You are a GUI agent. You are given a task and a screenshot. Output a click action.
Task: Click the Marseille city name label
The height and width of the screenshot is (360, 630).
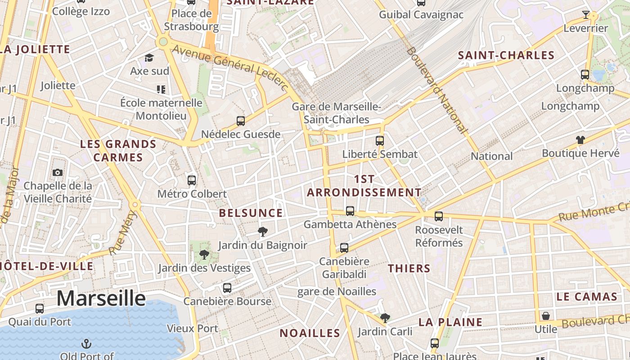[101, 298]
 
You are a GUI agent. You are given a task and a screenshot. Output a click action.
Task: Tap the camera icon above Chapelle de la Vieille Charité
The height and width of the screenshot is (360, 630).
[58, 172]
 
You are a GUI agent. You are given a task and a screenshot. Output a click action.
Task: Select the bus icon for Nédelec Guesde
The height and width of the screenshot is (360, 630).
[241, 121]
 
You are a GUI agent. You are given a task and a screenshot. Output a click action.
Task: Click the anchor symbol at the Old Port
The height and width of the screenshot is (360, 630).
[86, 344]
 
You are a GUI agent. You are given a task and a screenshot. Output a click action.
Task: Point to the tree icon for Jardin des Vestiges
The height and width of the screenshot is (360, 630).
[204, 255]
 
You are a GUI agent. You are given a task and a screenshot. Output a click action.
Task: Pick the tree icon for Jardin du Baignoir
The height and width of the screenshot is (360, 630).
[262, 232]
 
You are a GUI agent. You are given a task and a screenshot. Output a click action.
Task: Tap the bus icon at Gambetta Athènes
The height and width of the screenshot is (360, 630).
[350, 211]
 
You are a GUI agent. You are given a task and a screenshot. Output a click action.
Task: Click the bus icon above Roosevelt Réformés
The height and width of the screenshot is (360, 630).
[439, 216]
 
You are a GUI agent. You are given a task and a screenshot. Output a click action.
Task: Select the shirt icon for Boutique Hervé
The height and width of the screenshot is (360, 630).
[580, 140]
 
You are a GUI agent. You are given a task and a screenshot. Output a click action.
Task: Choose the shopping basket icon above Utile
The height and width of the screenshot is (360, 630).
[545, 316]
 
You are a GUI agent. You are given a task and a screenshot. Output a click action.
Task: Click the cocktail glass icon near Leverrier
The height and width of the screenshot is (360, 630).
[585, 15]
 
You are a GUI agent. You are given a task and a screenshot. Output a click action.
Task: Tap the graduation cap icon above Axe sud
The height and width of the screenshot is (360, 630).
[149, 58]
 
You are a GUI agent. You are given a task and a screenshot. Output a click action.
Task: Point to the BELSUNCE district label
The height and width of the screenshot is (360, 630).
[251, 213]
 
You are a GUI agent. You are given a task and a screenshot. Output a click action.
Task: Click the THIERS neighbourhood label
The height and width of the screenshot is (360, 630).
[409, 269]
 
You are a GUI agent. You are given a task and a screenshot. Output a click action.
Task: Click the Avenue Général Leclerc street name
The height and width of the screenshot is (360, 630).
[230, 68]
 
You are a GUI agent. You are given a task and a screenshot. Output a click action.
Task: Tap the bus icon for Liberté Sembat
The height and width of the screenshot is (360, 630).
[379, 140]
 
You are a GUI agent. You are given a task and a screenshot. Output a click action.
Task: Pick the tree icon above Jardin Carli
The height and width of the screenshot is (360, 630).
[385, 318]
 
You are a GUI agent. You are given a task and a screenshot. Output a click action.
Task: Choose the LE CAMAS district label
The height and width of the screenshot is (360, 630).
[587, 297]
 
